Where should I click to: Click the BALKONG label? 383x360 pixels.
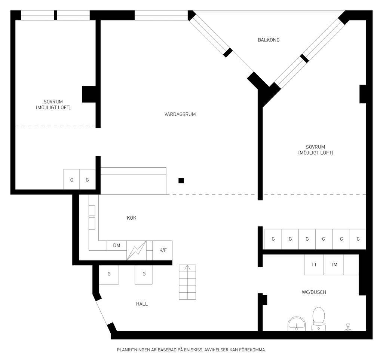click(x=269, y=40)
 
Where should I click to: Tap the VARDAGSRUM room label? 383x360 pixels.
click(x=180, y=114)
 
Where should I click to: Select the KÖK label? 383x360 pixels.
click(x=131, y=218)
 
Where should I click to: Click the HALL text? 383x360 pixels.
click(x=142, y=304)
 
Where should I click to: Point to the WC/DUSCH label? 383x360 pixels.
click(x=314, y=292)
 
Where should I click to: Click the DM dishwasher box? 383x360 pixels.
click(x=117, y=245)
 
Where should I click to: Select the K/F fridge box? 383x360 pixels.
click(x=162, y=250)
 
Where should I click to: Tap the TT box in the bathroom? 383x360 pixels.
click(x=314, y=265)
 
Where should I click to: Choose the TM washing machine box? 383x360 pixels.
click(x=334, y=265)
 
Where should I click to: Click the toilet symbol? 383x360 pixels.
click(x=319, y=319)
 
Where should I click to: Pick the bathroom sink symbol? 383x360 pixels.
click(x=297, y=324)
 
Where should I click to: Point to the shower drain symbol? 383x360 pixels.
click(x=348, y=327)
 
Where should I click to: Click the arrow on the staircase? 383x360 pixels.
click(x=187, y=268)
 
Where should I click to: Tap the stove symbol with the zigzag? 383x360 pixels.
click(x=136, y=250)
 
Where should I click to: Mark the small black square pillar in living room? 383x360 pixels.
click(x=181, y=181)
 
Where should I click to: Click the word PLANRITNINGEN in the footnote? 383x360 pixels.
click(x=134, y=350)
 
